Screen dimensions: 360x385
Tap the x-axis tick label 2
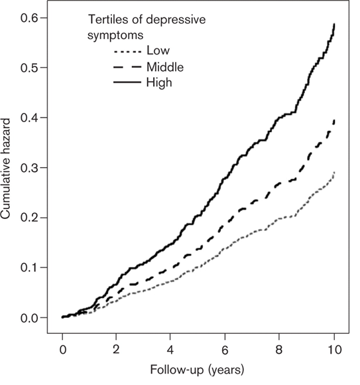tap(116, 349)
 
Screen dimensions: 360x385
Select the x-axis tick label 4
tap(170, 349)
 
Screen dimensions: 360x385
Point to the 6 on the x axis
tap(225, 349)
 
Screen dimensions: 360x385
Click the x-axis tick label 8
tap(279, 349)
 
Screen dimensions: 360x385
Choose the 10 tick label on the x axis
tap(334, 349)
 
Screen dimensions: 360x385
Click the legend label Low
tap(158, 50)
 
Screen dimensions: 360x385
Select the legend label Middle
tap(165, 67)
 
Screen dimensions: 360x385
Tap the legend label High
tap(159, 83)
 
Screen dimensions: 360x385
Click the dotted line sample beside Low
tap(127, 52)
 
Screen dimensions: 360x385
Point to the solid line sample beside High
tap(127, 82)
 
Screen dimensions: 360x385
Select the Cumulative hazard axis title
tap(5, 169)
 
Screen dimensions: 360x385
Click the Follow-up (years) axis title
tap(197, 370)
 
